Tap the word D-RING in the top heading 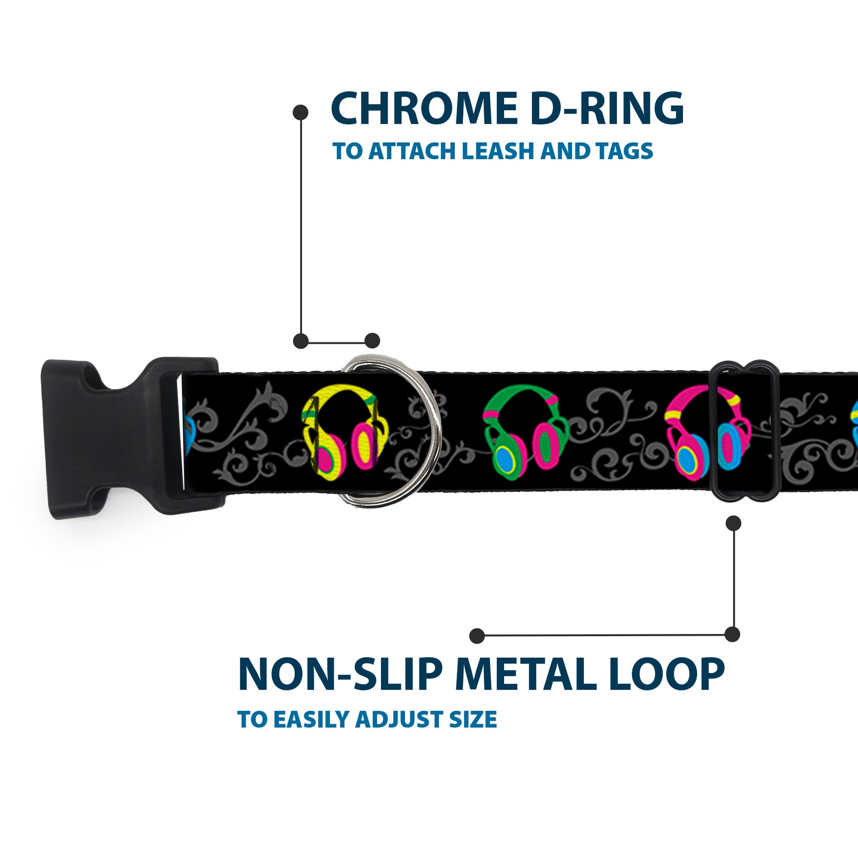click(x=605, y=109)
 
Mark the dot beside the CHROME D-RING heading click(x=301, y=112)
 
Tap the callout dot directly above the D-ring click(x=372, y=341)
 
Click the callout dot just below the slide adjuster click(x=733, y=523)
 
